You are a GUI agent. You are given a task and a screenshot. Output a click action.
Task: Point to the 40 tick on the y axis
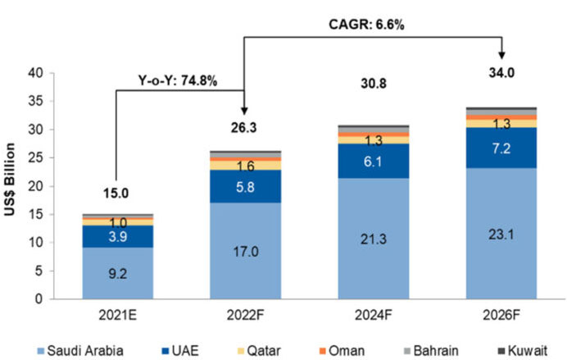click(x=36, y=72)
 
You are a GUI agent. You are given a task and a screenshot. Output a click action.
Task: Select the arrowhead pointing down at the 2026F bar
click(x=501, y=54)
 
